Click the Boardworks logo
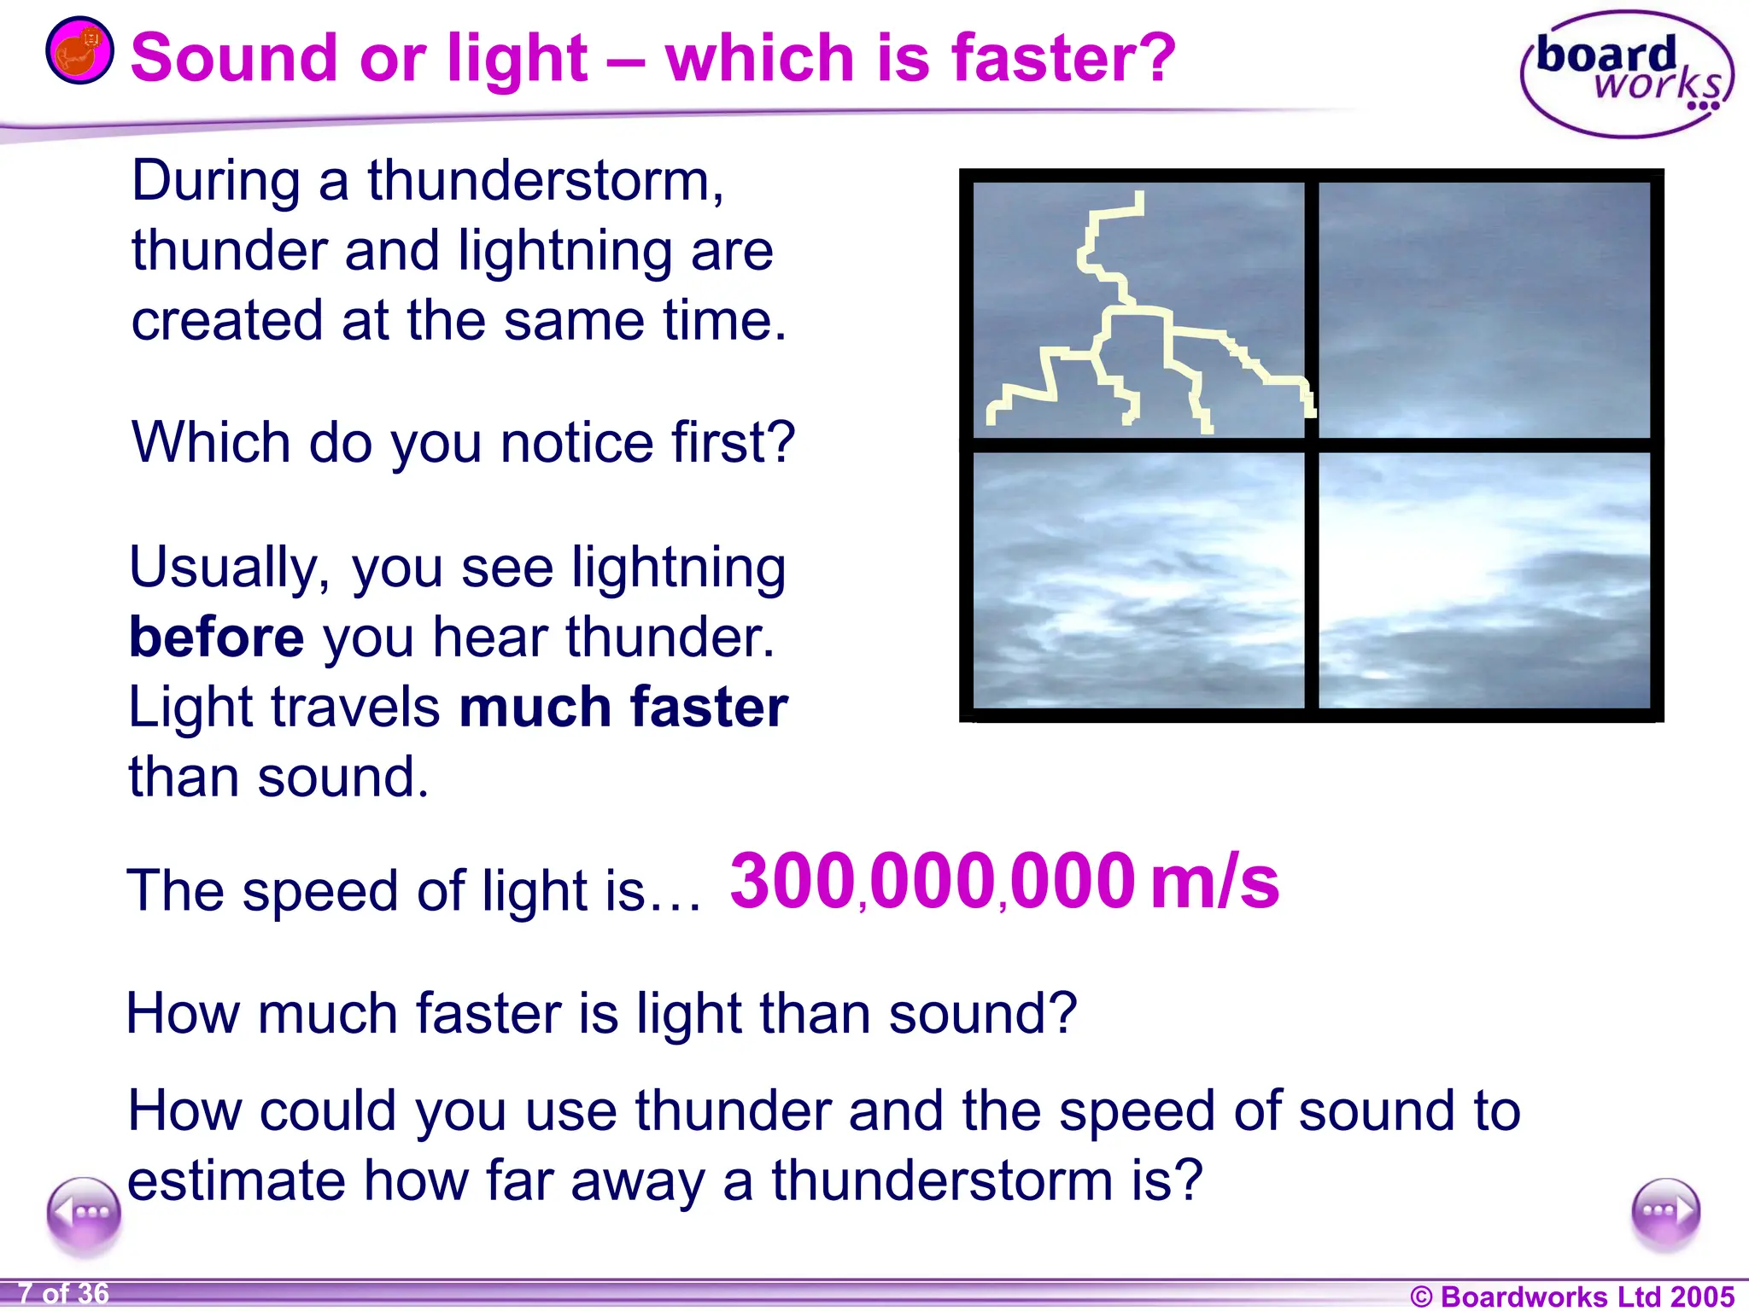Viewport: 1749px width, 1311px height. [1626, 75]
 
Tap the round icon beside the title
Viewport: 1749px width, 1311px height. [79, 50]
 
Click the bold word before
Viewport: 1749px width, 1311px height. [216, 638]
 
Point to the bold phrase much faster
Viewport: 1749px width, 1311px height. [623, 708]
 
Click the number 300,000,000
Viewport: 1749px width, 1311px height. [933, 882]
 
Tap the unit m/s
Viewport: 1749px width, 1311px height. [1214, 882]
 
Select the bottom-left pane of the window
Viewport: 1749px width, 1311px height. [1138, 580]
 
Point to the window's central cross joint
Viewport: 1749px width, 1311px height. [1312, 445]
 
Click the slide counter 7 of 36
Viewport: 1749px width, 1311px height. [64, 1294]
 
